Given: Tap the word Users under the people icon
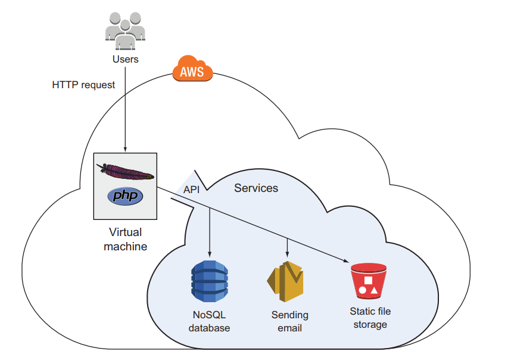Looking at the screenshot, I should point(125,59).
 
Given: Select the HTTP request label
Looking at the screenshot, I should point(83,85).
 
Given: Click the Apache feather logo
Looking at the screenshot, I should point(125,172).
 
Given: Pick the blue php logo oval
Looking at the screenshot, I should point(125,196).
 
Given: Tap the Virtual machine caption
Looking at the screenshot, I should point(125,238).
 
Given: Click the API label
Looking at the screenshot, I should point(191,190).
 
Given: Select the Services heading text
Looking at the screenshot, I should point(256,188).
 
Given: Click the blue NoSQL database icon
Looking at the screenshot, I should point(210,282).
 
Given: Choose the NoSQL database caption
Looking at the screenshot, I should point(210,321).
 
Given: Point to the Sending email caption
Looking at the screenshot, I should point(290,321).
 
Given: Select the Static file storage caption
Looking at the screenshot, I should point(370,318).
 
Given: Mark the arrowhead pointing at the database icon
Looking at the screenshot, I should point(210,255).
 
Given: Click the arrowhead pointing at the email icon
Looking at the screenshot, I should point(288,255).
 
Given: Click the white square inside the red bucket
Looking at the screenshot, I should point(368,280).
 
